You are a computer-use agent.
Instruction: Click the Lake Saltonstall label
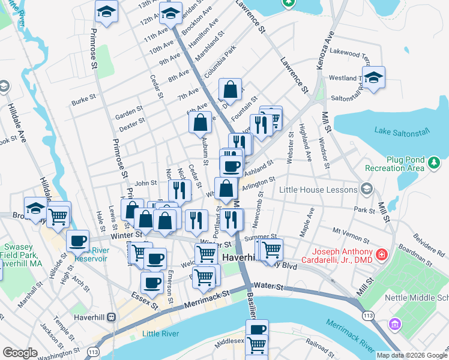pyautogui.click(x=399, y=131)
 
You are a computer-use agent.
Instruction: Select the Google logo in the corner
pyautogui.click(x=20, y=353)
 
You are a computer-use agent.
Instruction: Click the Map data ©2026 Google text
pyautogui.click(x=411, y=355)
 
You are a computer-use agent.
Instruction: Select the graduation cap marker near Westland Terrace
pyautogui.click(x=373, y=78)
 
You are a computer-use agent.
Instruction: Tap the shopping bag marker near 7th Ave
pyautogui.click(x=230, y=91)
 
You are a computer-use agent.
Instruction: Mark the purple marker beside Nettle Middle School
pyautogui.click(x=395, y=325)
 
